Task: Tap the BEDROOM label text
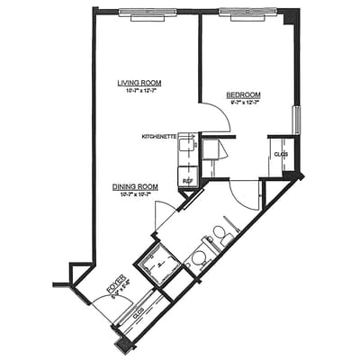[243, 94]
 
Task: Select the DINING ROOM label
[136, 186]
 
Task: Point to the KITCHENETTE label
[158, 137]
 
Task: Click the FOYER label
[114, 287]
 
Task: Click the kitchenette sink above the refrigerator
[188, 145]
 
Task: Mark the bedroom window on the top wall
[247, 13]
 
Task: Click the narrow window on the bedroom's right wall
[296, 119]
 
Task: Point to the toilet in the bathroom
[219, 237]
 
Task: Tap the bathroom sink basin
[198, 257]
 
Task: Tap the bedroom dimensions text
[243, 103]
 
